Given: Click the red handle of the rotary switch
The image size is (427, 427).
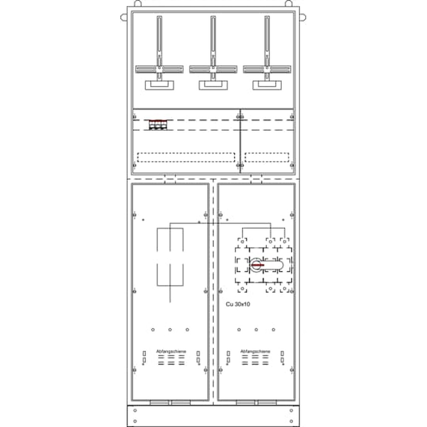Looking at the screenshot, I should point(257,265).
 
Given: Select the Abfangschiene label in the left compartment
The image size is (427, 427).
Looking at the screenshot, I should point(171,351).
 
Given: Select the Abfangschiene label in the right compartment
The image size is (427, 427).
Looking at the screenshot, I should point(255,351).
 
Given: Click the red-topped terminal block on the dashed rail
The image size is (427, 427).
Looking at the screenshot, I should point(157,125).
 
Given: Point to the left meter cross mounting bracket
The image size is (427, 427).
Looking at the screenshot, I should point(159,69).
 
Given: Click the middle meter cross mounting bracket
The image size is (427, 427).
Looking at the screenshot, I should point(213,69).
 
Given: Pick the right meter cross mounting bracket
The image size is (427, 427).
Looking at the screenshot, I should point(266,69).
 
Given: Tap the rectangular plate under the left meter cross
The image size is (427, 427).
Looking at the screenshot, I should point(159,85).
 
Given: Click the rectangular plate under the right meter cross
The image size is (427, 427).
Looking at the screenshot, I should point(266,85).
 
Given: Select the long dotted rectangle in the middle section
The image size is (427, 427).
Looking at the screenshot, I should point(186,158).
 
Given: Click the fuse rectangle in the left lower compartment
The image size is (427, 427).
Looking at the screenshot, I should point(170,256).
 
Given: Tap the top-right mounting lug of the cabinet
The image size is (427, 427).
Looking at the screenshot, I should point(304,18).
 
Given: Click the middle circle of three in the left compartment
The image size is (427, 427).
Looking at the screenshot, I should point(170,330).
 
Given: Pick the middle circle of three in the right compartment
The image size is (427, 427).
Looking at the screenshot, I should point(256,330).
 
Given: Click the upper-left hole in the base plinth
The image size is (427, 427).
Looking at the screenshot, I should point(135,411).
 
